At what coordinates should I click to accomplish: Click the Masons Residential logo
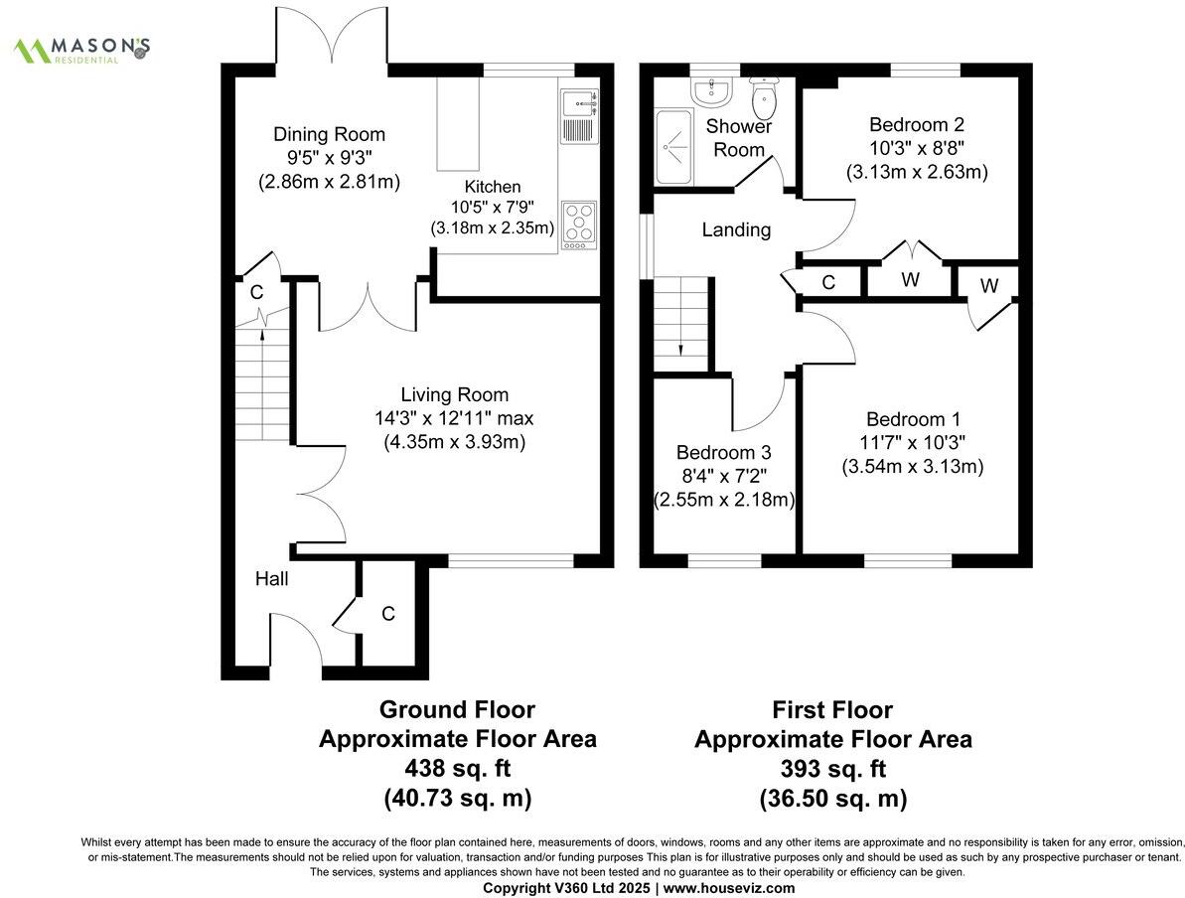pyautogui.click(x=81, y=49)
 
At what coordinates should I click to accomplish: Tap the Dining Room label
pyautogui.click(x=329, y=135)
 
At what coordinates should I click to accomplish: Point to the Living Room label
pyautogui.click(x=454, y=394)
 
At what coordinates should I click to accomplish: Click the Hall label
pyautogui.click(x=271, y=578)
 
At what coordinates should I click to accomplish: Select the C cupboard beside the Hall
pyautogui.click(x=387, y=615)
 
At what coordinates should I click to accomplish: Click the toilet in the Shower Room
pyautogui.click(x=764, y=97)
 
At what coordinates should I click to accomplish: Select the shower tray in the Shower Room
pyautogui.click(x=676, y=147)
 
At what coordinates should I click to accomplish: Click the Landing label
pyautogui.click(x=736, y=230)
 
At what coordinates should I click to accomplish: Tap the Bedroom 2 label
pyautogui.click(x=916, y=125)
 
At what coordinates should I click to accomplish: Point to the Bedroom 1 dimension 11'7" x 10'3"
pyautogui.click(x=913, y=443)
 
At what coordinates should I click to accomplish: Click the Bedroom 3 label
pyautogui.click(x=724, y=451)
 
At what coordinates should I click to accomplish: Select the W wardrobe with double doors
pyautogui.click(x=910, y=280)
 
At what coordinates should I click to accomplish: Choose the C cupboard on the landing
pyautogui.click(x=827, y=282)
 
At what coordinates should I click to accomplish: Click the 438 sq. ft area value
pyautogui.click(x=457, y=768)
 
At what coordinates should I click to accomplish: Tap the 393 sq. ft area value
pyautogui.click(x=832, y=768)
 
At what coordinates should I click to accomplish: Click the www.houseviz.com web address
pyautogui.click(x=728, y=887)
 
